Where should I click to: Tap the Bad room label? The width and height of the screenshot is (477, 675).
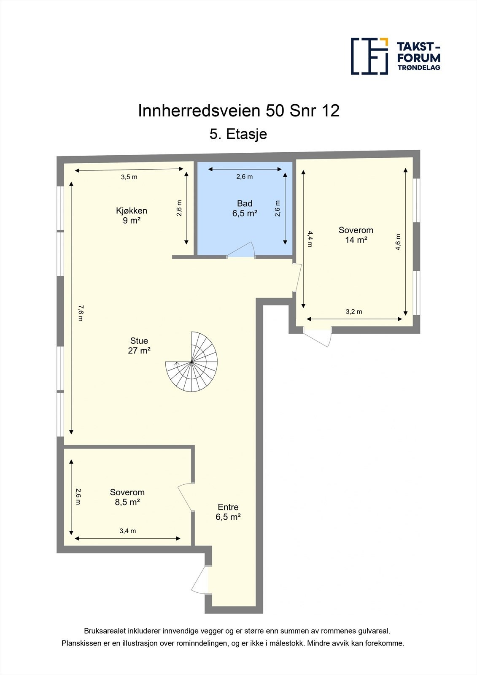tap(245, 208)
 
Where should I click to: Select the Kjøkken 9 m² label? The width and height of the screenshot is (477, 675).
tap(132, 215)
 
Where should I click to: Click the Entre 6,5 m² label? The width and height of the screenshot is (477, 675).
tap(228, 512)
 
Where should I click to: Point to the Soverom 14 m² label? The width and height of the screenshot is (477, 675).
tap(356, 235)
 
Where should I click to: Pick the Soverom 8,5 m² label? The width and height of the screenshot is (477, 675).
tap(127, 497)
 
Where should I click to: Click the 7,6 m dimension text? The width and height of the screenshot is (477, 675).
tap(81, 312)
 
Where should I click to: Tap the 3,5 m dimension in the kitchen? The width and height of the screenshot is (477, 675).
tap(129, 177)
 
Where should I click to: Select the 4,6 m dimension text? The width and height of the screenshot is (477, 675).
tap(398, 242)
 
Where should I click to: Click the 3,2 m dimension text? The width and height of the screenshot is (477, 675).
tap(354, 312)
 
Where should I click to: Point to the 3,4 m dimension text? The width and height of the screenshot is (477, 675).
tap(127, 531)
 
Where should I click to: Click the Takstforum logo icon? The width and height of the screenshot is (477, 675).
tap(369, 56)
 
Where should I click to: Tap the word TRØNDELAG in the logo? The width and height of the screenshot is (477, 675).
tap(419, 67)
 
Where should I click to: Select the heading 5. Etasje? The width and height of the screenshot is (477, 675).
tap(238, 134)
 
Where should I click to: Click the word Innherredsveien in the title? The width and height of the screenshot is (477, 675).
tap(199, 111)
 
